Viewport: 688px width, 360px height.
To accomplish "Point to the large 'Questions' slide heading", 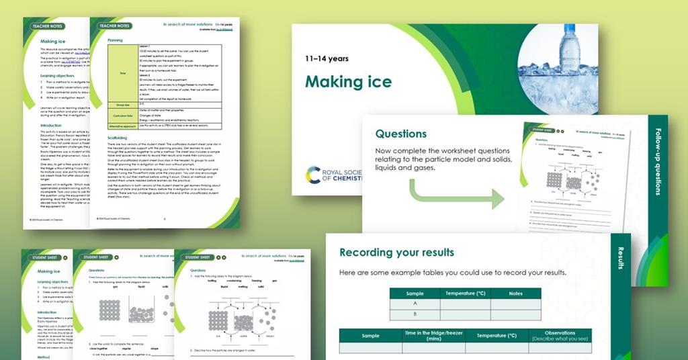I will pos(401,134).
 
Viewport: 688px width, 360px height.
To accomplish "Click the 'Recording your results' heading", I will pos(396,253).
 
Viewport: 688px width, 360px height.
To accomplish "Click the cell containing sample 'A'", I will pos(415,304).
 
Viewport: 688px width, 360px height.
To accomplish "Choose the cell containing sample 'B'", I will pos(415,315).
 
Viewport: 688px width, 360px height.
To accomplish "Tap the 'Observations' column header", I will pos(560,335).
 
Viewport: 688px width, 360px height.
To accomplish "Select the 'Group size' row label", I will pos(123,104).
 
